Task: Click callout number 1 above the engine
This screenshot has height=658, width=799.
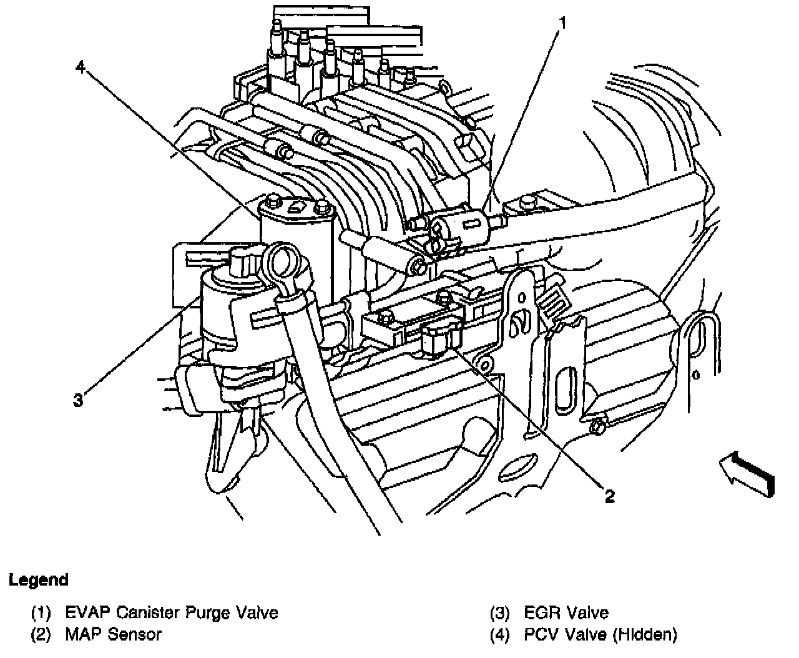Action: coord(562,24)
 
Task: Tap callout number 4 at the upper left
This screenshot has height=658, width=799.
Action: coord(80,67)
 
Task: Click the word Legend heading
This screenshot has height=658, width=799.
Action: coord(39,580)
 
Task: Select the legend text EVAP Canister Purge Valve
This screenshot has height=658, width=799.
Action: coord(172,612)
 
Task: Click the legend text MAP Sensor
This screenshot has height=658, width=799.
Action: coord(113,635)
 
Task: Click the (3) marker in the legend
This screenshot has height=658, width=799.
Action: coord(499,612)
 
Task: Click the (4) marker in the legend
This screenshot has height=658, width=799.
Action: coord(499,635)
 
